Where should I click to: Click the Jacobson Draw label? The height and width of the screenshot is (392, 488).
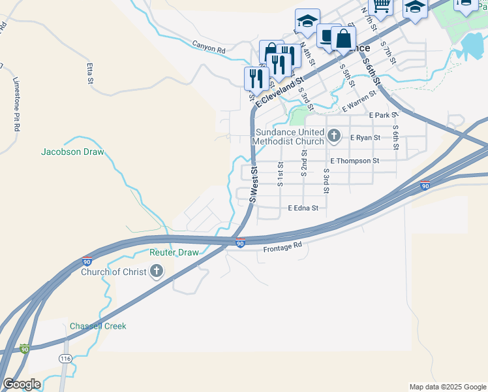pyautogui.click(x=72, y=152)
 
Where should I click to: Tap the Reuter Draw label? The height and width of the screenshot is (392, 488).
pyautogui.click(x=174, y=252)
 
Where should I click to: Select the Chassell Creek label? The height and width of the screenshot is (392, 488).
pyautogui.click(x=98, y=326)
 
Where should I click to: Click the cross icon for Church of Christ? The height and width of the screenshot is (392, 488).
pyautogui.click(x=156, y=271)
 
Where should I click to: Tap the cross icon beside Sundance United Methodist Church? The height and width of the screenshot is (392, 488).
pyautogui.click(x=334, y=136)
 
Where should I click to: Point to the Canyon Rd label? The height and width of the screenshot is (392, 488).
pyautogui.click(x=208, y=47)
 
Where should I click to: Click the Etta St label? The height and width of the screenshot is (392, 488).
pyautogui.click(x=90, y=74)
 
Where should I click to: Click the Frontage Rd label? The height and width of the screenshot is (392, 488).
pyautogui.click(x=283, y=248)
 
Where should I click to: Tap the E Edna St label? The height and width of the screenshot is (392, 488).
pyautogui.click(x=303, y=208)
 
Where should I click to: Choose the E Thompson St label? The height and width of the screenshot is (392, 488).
pyautogui.click(x=354, y=161)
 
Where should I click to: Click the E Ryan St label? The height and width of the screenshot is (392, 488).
pyautogui.click(x=365, y=138)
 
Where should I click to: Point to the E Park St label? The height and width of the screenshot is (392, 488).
pyautogui.click(x=383, y=115)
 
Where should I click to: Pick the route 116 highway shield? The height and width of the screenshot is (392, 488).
pyautogui.click(x=65, y=359)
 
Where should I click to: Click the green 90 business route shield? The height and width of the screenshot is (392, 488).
pyautogui.click(x=25, y=349)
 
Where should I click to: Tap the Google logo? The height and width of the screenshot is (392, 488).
pyautogui.click(x=22, y=384)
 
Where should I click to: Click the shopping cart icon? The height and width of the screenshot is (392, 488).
pyautogui.click(x=380, y=6)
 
